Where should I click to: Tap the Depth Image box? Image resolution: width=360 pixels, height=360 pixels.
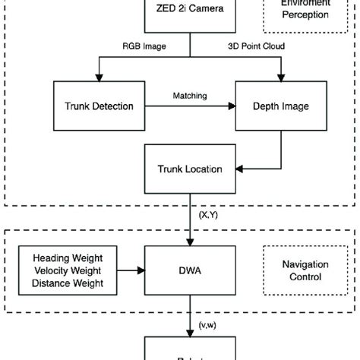(x=281, y=106)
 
